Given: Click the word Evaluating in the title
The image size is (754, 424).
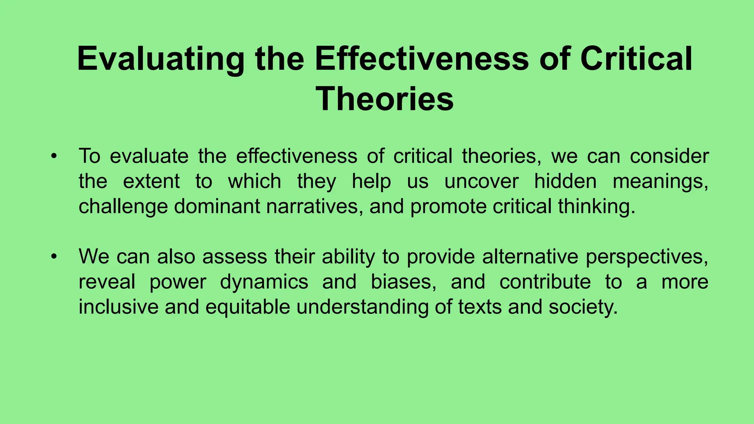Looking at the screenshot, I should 161,60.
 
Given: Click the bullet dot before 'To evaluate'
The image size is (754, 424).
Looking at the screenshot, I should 54,156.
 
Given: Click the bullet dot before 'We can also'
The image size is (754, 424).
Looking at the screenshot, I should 54,257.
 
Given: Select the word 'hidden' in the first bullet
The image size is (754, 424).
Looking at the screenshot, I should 565,181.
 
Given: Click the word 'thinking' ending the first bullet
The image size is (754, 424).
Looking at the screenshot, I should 596,206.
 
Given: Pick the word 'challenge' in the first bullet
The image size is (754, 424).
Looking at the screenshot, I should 123,206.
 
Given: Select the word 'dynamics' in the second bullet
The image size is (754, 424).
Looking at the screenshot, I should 264,282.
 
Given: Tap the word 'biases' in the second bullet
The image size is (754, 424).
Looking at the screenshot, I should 403,282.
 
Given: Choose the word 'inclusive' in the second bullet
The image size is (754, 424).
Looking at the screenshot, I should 118,307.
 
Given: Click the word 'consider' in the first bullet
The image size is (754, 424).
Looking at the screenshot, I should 669,156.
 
